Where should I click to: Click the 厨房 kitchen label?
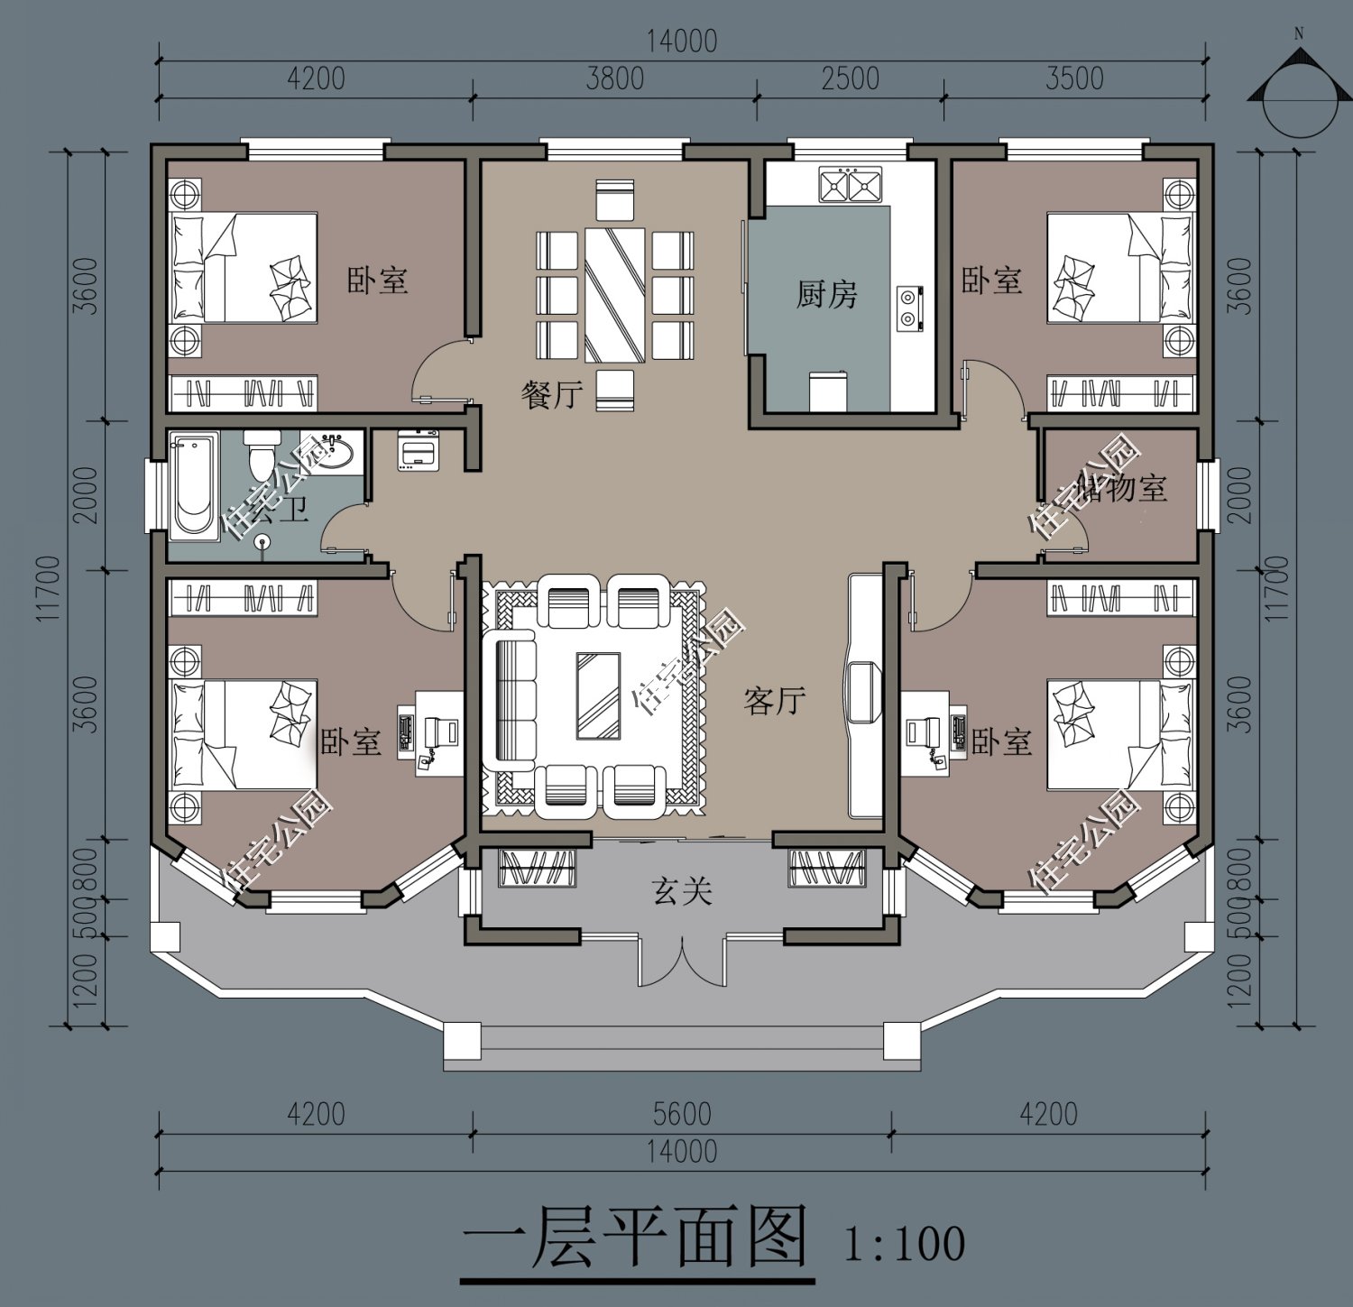[825, 295]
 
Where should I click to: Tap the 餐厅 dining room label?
[551, 394]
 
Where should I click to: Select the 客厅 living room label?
[774, 700]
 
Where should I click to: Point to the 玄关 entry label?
[682, 891]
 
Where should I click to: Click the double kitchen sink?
[850, 184]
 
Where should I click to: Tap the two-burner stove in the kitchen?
[908, 305]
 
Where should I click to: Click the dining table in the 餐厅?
[614, 295]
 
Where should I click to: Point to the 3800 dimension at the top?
[614, 78]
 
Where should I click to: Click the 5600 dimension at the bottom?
[682, 1114]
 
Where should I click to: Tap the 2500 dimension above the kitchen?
[850, 78]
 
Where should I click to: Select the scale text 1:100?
[905, 1243]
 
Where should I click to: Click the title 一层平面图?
[635, 1238]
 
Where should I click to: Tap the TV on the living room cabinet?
[861, 691]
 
